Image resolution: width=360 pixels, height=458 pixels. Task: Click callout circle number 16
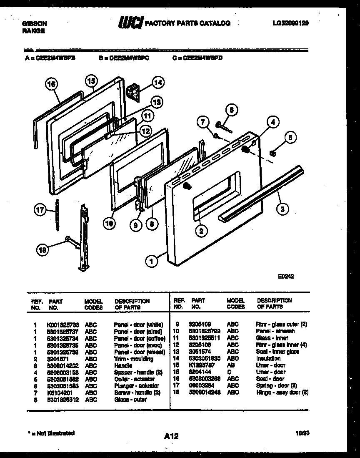(51, 85)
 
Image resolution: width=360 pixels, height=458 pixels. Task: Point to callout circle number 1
(152, 261)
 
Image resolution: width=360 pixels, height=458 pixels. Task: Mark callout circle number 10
(109, 223)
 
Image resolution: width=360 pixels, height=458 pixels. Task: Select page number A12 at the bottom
(171, 436)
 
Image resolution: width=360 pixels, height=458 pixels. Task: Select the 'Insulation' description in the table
(268, 358)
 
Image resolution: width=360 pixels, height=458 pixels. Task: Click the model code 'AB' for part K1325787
(231, 365)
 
